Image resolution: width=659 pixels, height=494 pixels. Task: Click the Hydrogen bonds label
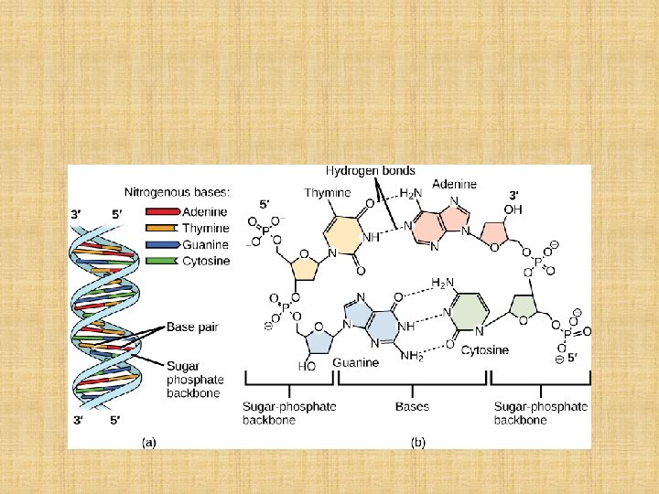[x=370, y=170]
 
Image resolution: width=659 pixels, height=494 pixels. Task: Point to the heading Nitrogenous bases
[x=178, y=192]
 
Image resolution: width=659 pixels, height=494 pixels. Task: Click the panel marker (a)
[x=148, y=442]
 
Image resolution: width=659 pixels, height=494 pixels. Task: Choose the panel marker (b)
[x=417, y=442]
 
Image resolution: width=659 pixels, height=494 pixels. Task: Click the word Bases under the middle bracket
[x=411, y=405]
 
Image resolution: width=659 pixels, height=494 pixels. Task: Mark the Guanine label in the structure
[x=357, y=363]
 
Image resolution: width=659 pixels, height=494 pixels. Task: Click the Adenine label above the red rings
[x=454, y=184]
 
